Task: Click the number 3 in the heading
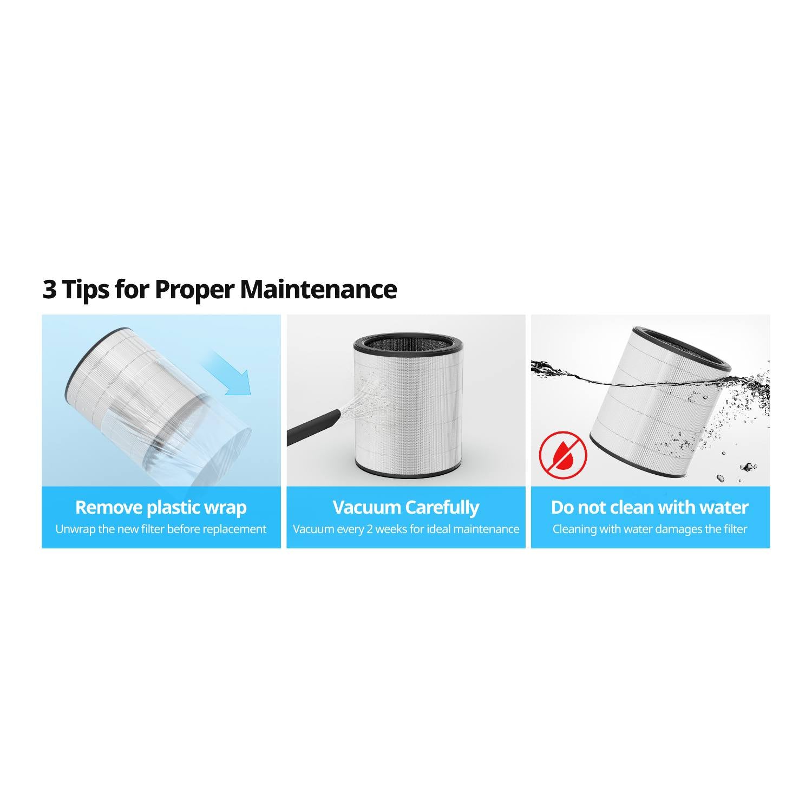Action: (x=49, y=290)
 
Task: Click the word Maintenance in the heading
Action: (x=318, y=290)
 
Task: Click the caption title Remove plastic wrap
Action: (x=161, y=507)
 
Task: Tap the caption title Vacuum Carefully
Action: (x=405, y=507)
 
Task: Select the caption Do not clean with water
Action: (x=650, y=507)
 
